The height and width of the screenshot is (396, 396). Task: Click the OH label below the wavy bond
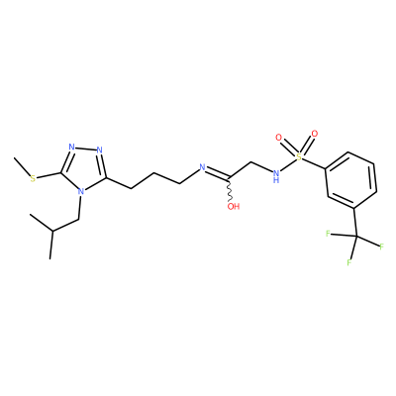click(x=234, y=207)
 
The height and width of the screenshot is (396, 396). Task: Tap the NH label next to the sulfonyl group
click(x=276, y=175)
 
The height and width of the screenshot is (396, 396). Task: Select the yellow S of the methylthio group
click(x=33, y=178)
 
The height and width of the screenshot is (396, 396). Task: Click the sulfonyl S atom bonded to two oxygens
click(x=299, y=156)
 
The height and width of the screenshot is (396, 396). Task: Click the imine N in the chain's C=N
click(x=203, y=167)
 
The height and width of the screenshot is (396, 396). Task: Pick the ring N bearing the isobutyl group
click(x=80, y=191)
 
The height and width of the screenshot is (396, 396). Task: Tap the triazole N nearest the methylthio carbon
click(x=72, y=147)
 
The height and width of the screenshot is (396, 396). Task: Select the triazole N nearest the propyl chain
click(x=100, y=150)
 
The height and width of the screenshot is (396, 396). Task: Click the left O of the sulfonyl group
click(x=279, y=137)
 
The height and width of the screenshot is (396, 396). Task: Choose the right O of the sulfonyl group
click(x=315, y=134)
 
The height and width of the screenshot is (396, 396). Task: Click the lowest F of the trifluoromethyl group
click(x=348, y=262)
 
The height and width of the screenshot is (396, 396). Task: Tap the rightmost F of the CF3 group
click(x=381, y=247)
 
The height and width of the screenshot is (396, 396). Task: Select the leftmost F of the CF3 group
click(x=328, y=234)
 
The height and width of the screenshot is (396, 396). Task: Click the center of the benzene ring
click(x=350, y=180)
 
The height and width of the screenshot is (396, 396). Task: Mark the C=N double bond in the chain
click(x=217, y=174)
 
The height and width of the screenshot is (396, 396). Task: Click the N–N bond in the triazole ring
click(x=86, y=148)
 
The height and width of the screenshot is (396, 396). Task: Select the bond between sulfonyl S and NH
click(x=288, y=164)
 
